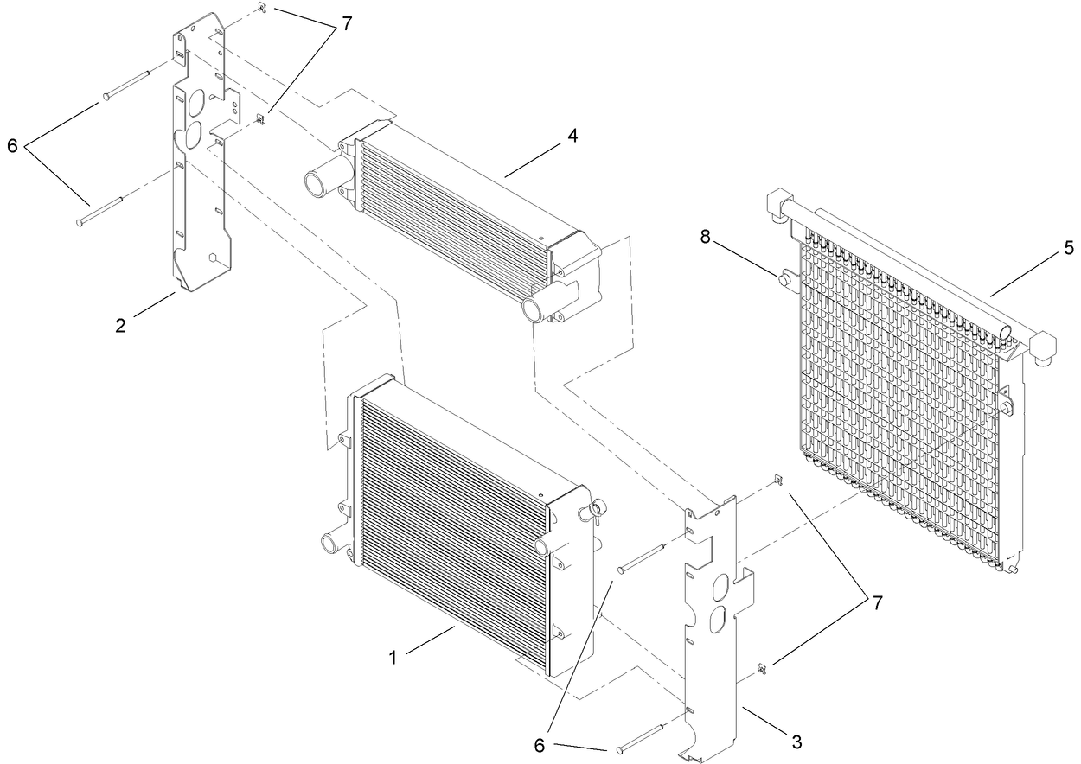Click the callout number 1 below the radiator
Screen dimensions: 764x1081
(393, 658)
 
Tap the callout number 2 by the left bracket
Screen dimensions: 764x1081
(121, 325)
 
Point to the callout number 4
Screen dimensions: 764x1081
(572, 135)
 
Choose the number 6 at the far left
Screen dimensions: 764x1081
(12, 146)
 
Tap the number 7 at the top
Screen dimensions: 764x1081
(346, 23)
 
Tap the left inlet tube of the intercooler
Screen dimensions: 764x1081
(318, 184)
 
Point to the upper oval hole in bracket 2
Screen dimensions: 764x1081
(196, 104)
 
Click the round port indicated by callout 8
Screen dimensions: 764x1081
(786, 279)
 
